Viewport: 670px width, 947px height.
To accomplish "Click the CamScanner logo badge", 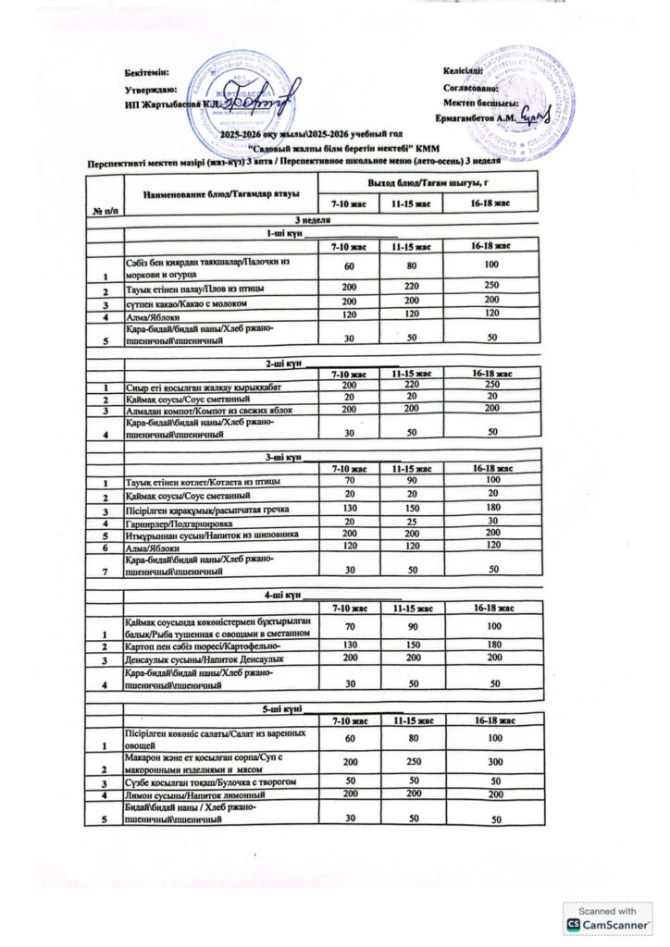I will (x=607, y=918).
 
